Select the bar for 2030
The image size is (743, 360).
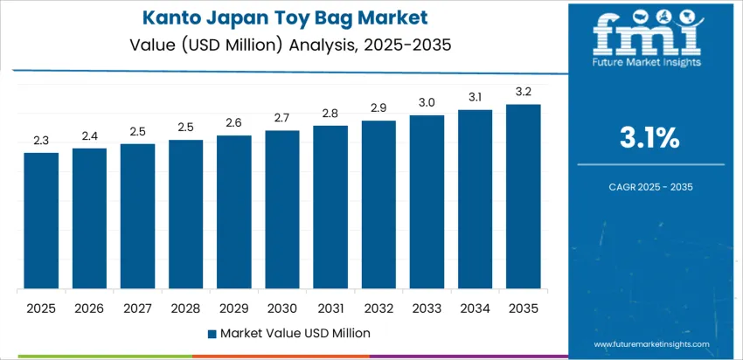click(282, 210)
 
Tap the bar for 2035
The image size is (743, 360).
click(524, 197)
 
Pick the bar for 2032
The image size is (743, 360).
click(378, 204)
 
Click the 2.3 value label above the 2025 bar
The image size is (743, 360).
click(41, 140)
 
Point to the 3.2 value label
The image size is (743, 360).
click(524, 92)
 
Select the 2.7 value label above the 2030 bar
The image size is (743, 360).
click(282, 118)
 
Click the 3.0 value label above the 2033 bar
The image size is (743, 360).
click(427, 102)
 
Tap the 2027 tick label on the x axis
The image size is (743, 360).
click(137, 308)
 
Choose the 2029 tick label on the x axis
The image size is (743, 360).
click(234, 308)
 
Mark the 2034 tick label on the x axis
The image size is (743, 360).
click(476, 308)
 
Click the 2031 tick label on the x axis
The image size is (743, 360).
click(330, 308)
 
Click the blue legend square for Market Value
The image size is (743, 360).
click(212, 333)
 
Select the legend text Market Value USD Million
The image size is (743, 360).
click(295, 333)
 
